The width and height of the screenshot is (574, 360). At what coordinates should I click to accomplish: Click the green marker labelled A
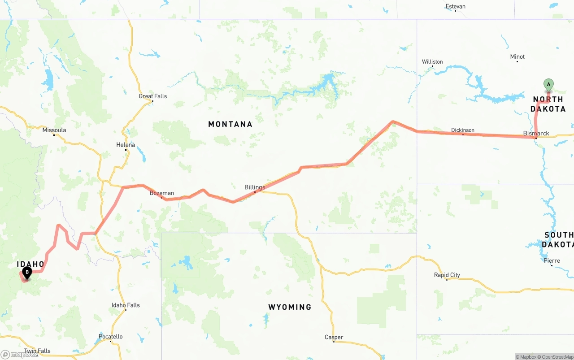(548, 84)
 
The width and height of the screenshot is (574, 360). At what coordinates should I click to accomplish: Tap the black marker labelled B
(27, 272)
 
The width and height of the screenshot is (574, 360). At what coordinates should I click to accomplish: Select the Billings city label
(255, 187)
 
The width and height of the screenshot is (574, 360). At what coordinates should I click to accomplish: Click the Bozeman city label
(161, 193)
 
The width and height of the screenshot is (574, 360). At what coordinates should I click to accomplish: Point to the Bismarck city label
(536, 133)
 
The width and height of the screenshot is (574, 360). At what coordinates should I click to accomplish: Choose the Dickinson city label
(463, 130)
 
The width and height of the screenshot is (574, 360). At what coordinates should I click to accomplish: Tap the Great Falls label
(152, 96)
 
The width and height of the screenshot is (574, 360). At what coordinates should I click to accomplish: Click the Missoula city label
(54, 130)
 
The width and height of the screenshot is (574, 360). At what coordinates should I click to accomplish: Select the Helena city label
(126, 145)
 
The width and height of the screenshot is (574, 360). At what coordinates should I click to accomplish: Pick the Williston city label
(432, 61)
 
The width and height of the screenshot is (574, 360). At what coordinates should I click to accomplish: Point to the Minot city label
(517, 56)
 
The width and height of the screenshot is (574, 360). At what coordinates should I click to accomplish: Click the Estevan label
(455, 6)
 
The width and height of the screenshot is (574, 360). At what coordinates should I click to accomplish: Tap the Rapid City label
(447, 275)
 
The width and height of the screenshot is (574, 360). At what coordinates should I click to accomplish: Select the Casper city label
(334, 337)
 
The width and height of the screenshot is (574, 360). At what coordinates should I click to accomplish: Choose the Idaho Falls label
(126, 305)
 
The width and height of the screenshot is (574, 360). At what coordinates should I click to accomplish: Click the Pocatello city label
(110, 336)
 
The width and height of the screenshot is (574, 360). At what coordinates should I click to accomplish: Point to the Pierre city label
(552, 260)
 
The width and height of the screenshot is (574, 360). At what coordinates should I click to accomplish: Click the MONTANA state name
(230, 124)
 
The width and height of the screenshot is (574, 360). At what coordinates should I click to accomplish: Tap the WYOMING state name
(290, 307)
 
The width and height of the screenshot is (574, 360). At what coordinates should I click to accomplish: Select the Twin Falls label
(37, 351)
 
